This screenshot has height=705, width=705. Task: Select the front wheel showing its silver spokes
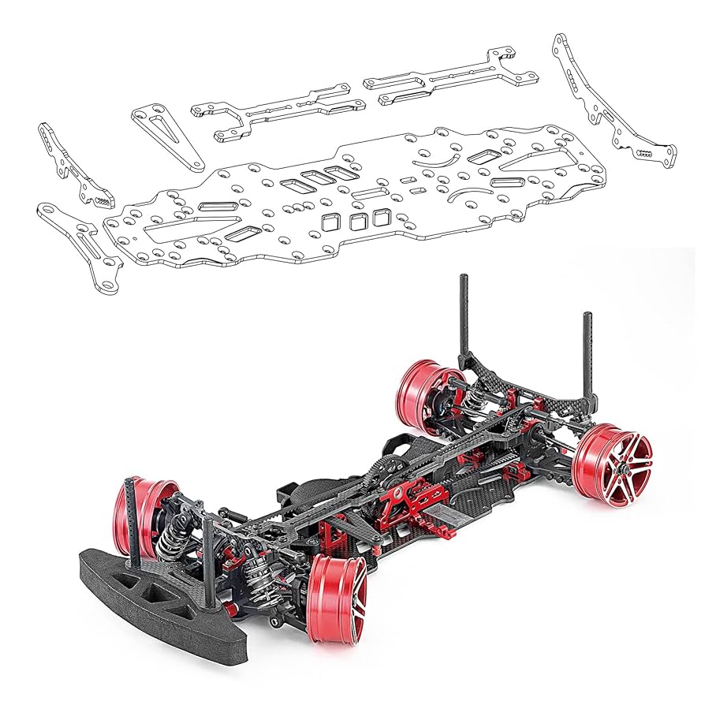(336, 593)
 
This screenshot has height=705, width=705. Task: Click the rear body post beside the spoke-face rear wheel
(587, 355)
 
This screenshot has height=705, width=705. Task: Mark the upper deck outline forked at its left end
(276, 110)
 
